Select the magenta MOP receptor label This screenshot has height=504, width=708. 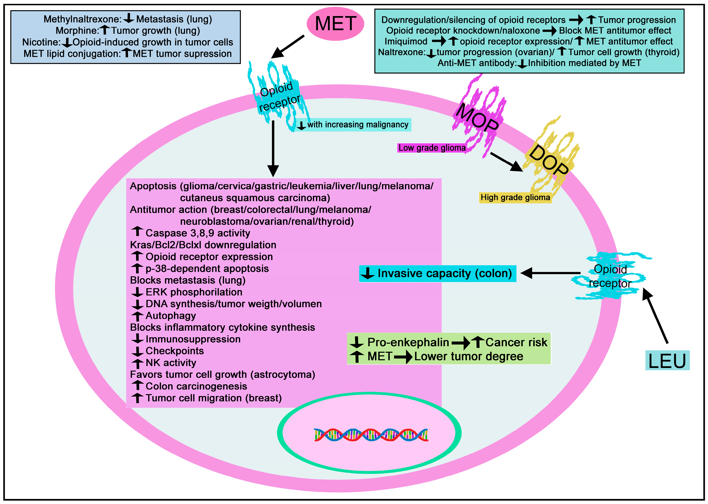point(477,117)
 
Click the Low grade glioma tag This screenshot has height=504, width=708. point(432,148)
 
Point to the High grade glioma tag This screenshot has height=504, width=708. point(515,197)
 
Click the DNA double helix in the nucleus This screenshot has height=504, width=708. point(371,434)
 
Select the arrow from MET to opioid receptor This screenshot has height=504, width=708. point(288,47)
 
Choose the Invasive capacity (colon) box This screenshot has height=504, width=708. point(437,273)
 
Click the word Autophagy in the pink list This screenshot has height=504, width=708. point(170,316)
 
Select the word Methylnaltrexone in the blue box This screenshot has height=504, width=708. point(82,19)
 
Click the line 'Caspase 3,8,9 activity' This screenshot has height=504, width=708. point(198,233)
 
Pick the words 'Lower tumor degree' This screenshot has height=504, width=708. point(469,357)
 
